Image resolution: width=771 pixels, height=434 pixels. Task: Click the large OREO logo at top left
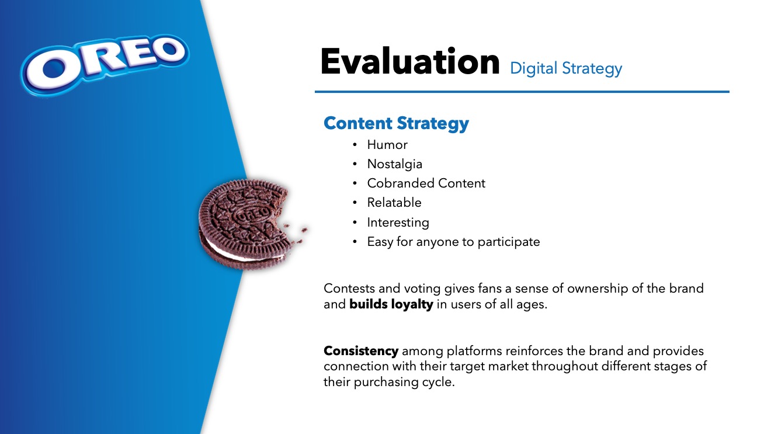coord(105,64)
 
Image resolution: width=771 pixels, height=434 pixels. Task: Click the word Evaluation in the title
coord(410,62)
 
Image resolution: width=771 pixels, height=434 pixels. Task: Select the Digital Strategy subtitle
coord(566,68)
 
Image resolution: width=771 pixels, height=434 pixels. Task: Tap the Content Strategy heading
coord(396,124)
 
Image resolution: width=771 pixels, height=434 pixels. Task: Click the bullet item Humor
coord(387,145)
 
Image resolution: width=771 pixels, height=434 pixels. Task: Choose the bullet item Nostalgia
coord(394,164)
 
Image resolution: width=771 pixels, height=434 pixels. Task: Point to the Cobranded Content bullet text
coord(426,183)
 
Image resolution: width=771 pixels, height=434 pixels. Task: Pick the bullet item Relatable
coord(394,202)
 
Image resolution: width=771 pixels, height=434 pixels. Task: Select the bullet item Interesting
coord(398,223)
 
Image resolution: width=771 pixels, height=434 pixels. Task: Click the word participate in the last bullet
coord(509,242)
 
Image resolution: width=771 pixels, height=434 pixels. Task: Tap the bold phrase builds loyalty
coord(391,304)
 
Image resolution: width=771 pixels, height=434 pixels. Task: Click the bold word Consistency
coord(361,351)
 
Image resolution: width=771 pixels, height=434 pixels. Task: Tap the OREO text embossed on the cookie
coord(252,216)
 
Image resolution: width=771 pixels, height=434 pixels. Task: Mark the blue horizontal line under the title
coord(522,92)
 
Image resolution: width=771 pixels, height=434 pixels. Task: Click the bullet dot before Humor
coord(355,145)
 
